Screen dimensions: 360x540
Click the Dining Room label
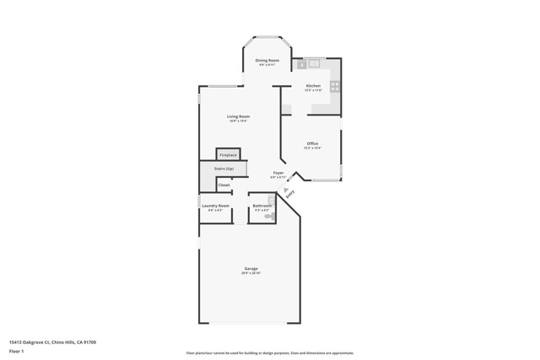267,60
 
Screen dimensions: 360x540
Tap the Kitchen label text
313,86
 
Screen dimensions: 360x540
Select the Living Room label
238,116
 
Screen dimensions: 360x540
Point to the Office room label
312,143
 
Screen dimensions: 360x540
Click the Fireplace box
228,155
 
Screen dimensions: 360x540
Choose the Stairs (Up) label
224,169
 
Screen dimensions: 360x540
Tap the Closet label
224,185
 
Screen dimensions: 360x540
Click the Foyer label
278,173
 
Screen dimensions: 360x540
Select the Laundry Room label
215,206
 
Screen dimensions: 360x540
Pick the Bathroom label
262,206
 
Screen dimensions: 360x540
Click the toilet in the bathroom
269,216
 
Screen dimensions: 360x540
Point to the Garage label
251,269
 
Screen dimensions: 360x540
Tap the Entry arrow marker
286,190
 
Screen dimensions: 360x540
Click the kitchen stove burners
335,86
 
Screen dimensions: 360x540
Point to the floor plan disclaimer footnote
269,353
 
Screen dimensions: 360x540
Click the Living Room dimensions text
238,121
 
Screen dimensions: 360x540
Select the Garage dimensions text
251,274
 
